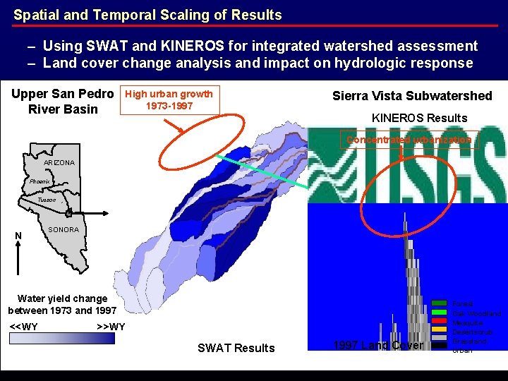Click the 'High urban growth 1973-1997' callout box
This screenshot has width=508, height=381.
pos(169,99)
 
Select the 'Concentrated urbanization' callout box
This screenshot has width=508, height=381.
pos(409,140)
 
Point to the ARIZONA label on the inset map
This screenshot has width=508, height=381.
pos(59,163)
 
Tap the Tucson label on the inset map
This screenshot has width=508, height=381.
pos(47,200)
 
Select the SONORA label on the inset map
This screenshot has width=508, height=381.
pos(64,230)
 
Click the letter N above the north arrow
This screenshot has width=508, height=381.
pos(18,236)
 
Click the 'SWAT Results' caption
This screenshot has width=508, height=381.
pos(236,348)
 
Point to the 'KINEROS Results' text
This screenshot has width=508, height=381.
pos(419,118)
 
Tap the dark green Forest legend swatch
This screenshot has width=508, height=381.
pos(440,303)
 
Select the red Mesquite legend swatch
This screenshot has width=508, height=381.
pos(440,322)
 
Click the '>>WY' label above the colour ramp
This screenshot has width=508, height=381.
pos(111,327)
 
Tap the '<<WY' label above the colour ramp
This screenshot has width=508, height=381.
pos(25,327)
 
